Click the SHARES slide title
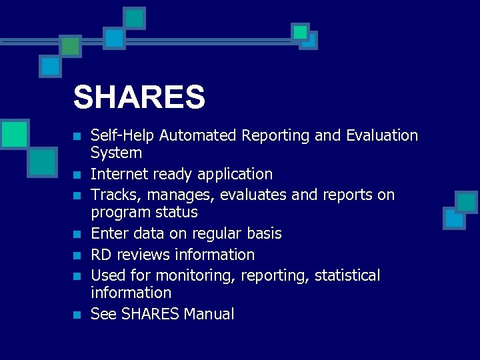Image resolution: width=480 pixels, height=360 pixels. pos(139,97)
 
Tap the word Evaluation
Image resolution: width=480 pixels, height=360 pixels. pos(382,136)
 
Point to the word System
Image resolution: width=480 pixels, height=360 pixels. pos(116,153)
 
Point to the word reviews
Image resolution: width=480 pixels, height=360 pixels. pos(143,255)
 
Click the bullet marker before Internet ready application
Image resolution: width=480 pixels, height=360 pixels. pos(77,175)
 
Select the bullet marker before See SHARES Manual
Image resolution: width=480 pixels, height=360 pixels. pos(77,315)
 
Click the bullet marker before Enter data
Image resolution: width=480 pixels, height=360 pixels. pos(77,235)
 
